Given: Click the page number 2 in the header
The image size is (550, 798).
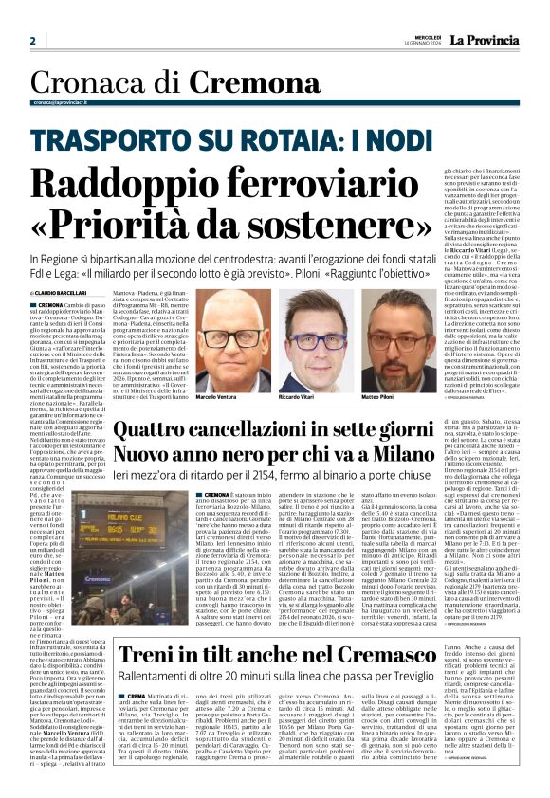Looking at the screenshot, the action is (32, 40).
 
